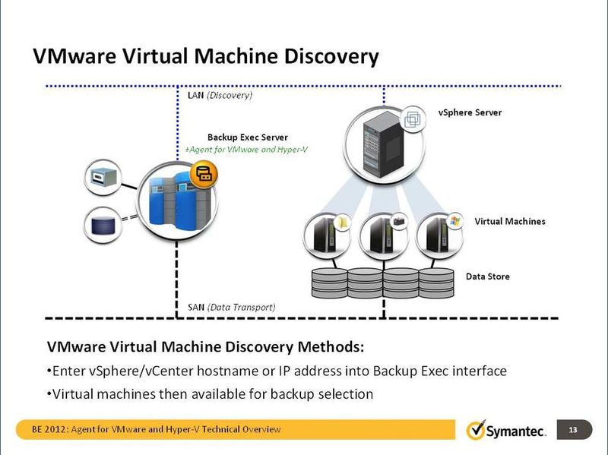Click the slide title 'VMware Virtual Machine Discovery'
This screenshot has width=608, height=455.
click(205, 57)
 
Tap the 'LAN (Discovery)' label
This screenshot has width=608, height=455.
click(220, 96)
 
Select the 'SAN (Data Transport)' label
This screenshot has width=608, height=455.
click(231, 307)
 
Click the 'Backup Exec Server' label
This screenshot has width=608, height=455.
click(248, 137)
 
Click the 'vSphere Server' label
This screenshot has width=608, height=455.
click(470, 112)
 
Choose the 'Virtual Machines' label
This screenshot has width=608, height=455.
click(510, 222)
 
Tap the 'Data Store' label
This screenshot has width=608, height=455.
click(487, 276)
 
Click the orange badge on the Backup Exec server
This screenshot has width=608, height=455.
click(205, 175)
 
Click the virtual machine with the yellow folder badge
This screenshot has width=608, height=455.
click(328, 235)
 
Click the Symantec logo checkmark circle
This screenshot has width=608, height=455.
click(476, 431)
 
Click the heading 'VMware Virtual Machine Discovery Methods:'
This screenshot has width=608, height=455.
click(206, 348)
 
